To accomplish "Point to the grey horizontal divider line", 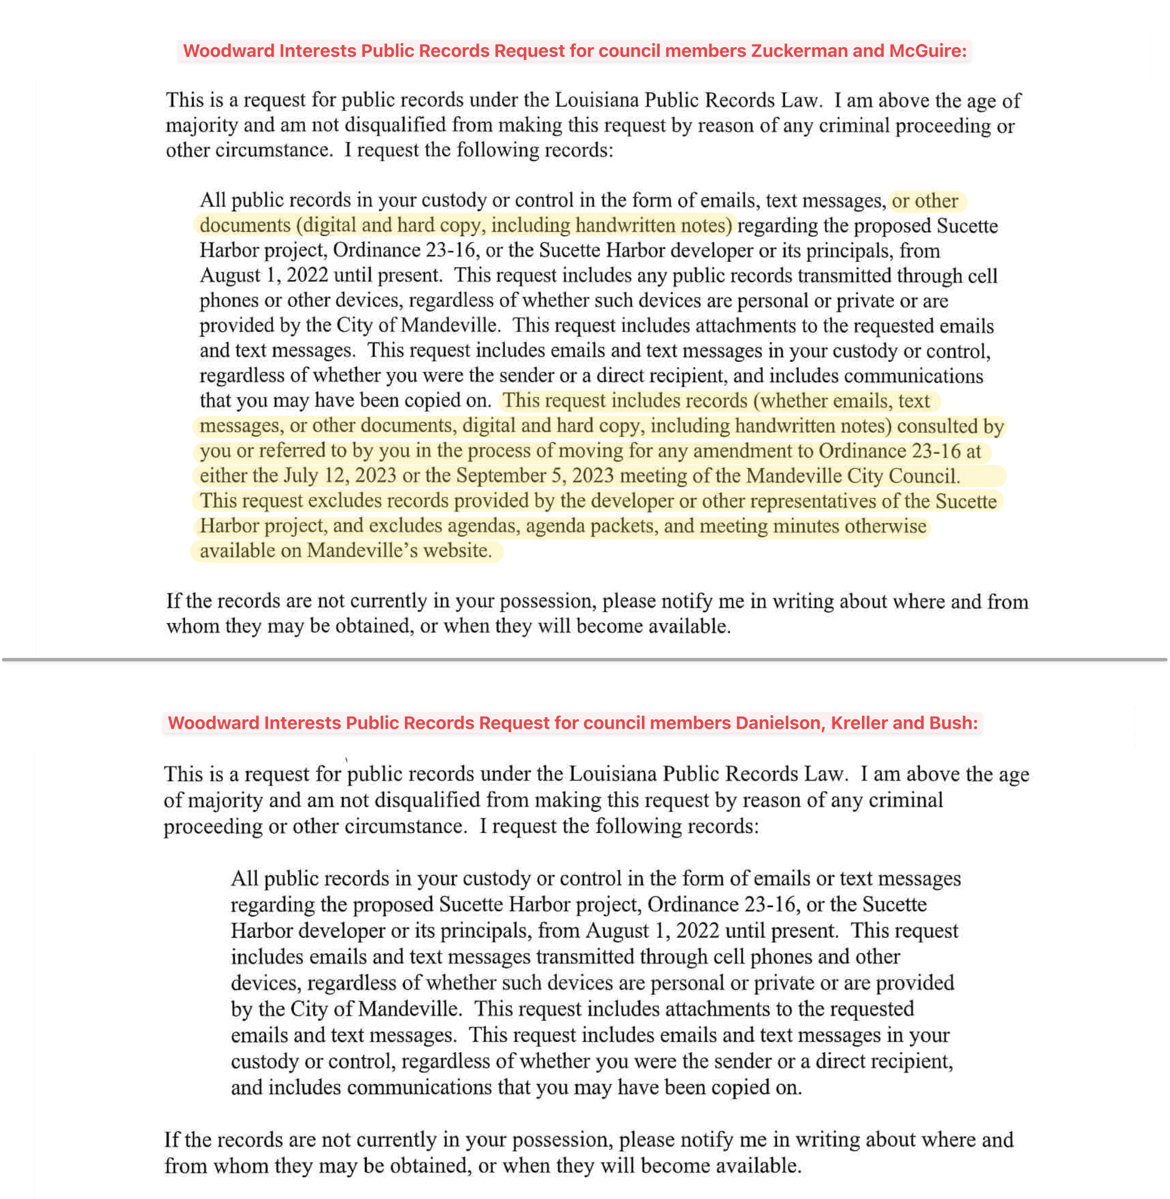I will [584, 660].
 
